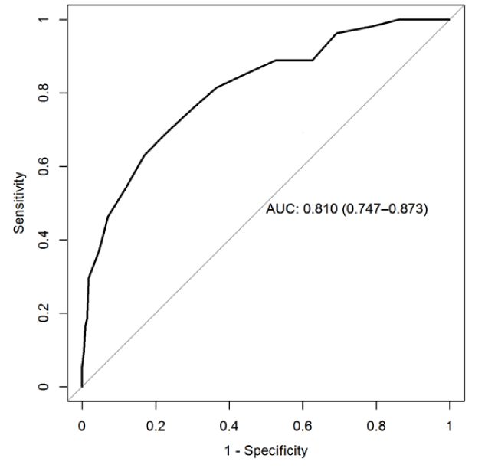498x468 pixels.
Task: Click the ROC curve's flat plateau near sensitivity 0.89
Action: (x=294, y=60)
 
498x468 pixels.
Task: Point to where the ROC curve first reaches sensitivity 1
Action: (x=399, y=19)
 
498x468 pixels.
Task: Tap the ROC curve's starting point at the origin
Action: (x=82, y=386)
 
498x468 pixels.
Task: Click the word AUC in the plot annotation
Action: (x=279, y=208)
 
